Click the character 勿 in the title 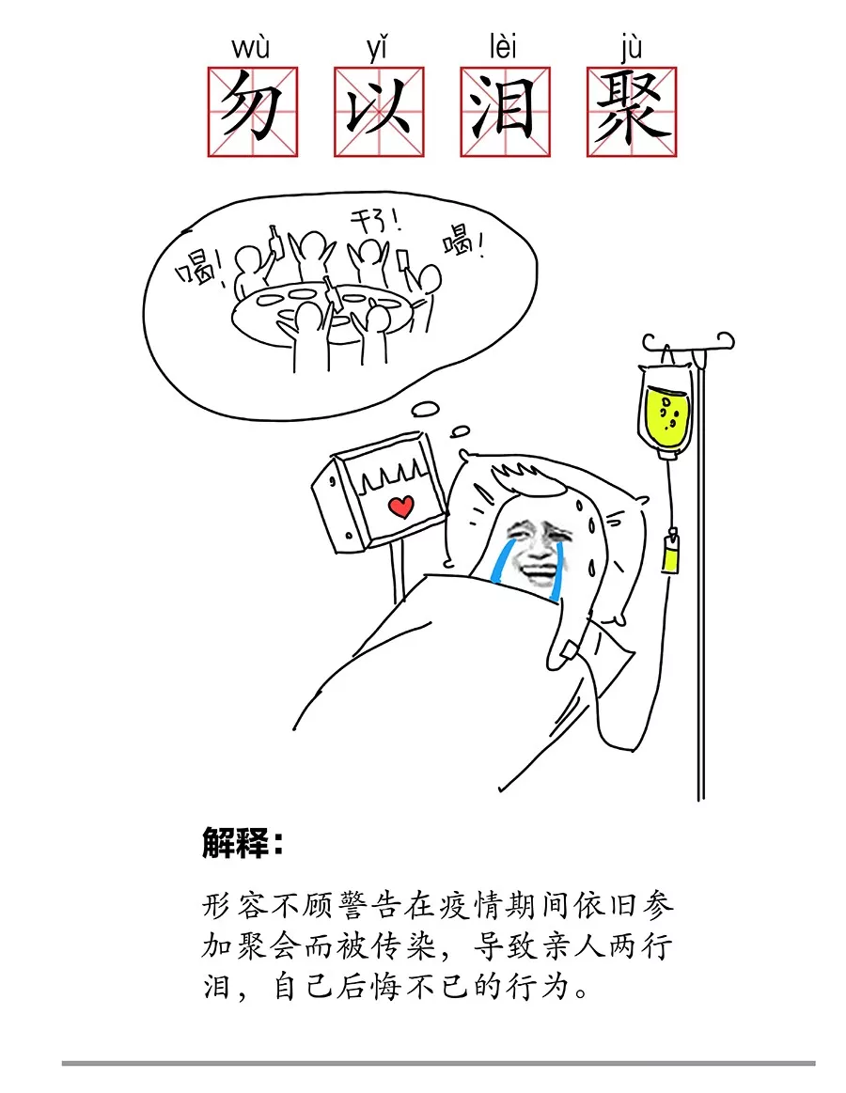(x=253, y=112)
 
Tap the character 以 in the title (x=379, y=112)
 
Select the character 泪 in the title (x=505, y=112)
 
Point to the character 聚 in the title (x=632, y=112)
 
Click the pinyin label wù (x=250, y=49)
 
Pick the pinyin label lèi (x=503, y=47)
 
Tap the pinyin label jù (x=630, y=49)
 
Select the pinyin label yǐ (x=377, y=49)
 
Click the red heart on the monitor (x=401, y=506)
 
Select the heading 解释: (x=242, y=843)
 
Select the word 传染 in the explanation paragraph (x=407, y=945)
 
